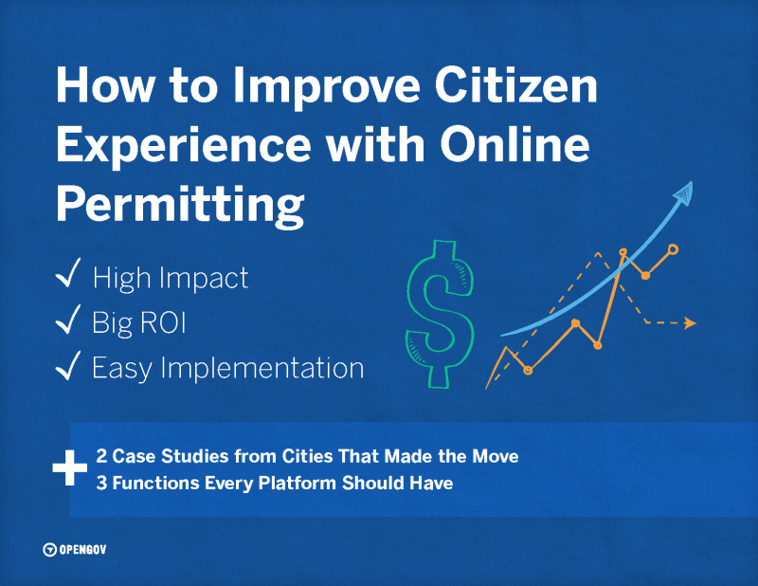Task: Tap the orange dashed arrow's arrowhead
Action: coord(690,323)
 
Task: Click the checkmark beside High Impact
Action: coord(67,277)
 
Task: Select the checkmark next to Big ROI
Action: coord(67,321)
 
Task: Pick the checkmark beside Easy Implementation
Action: coord(67,366)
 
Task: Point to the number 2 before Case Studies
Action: coord(102,456)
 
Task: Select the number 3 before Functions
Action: coord(102,484)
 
